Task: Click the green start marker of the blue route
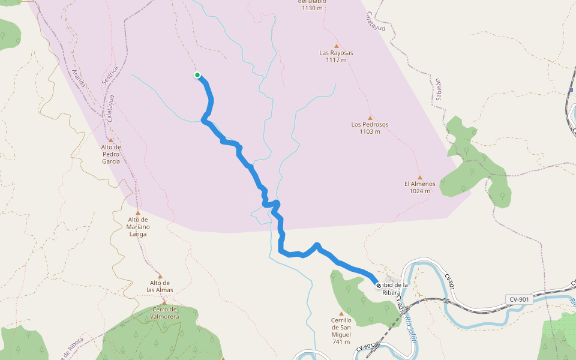(197, 75)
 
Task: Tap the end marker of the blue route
(378, 286)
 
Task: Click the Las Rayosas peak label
(336, 53)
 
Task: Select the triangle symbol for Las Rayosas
(337, 46)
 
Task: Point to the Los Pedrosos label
(370, 125)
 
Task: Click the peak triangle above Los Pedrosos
(370, 118)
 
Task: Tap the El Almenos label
(419, 184)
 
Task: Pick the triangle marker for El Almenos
(419, 176)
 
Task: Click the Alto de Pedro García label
(111, 154)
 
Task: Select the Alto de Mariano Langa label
(137, 227)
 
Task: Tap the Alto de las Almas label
(160, 286)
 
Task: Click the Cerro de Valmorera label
(164, 312)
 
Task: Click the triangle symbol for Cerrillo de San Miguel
(341, 313)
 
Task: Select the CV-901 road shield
(519, 299)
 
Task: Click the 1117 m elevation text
(336, 60)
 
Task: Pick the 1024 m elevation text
(419, 191)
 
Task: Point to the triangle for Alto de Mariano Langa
(138, 212)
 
